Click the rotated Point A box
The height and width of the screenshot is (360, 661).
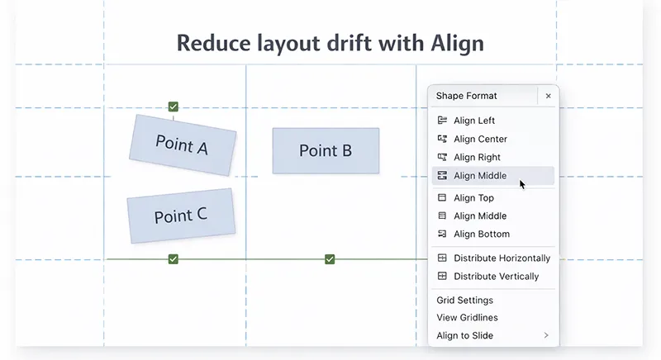click(182, 145)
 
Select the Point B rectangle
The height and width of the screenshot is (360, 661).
click(326, 150)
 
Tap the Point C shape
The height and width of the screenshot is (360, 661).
click(180, 216)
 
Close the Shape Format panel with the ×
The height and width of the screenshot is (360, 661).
click(548, 96)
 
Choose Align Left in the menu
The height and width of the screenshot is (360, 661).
click(474, 121)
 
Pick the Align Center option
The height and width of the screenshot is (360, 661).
click(480, 139)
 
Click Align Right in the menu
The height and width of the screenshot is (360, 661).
click(477, 157)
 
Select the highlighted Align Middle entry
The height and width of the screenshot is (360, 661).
click(480, 176)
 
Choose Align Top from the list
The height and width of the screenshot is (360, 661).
click(473, 198)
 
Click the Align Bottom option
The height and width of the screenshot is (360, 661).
click(481, 234)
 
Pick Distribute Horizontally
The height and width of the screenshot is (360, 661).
click(502, 258)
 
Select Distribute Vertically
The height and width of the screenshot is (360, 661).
click(496, 277)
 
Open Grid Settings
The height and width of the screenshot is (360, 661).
click(464, 301)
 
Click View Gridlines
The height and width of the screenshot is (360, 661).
click(467, 318)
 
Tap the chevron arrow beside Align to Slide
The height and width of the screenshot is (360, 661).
click(546, 335)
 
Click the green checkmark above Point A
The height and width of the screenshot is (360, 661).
click(173, 107)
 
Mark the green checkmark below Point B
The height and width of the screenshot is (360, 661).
click(330, 259)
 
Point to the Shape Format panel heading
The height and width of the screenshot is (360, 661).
click(466, 96)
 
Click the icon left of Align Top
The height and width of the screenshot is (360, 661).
click(442, 198)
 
